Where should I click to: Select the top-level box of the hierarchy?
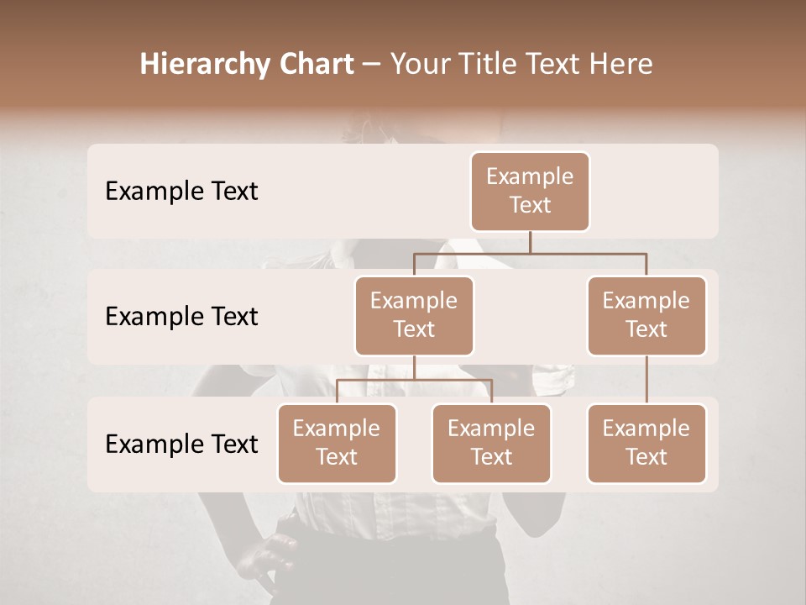(530, 191)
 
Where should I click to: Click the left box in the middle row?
(414, 315)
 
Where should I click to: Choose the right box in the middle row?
(646, 315)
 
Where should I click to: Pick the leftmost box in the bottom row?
(337, 443)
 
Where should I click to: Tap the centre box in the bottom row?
(491, 443)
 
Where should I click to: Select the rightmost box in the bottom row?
(646, 443)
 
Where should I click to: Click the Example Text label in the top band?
(181, 192)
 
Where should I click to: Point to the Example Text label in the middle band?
(181, 317)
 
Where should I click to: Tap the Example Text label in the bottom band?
(181, 444)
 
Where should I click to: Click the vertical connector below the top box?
(530, 242)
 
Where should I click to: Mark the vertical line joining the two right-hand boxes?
(646, 380)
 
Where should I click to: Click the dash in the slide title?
(371, 65)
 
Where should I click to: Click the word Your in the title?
(416, 64)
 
